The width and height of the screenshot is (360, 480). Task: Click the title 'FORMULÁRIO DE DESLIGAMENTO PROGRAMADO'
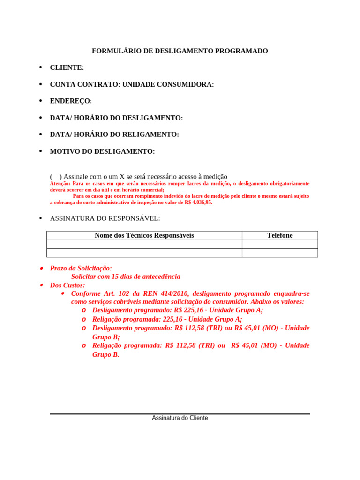click(x=180, y=51)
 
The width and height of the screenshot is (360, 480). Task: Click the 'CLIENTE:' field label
click(x=67, y=68)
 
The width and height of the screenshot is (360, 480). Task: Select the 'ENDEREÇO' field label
click(x=71, y=101)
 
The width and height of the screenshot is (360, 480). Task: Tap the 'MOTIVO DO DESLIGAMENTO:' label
click(x=102, y=151)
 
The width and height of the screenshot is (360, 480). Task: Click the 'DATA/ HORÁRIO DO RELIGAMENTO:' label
click(x=114, y=135)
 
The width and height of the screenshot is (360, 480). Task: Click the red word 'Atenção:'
click(x=60, y=184)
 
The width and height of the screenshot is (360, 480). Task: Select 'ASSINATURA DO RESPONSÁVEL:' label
click(x=105, y=218)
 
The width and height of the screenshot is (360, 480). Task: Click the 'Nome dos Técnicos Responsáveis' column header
click(x=144, y=235)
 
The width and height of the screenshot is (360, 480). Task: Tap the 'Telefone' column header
click(x=280, y=235)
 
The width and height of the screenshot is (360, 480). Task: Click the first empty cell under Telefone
click(x=280, y=244)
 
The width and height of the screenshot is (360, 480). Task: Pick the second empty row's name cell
click(x=144, y=253)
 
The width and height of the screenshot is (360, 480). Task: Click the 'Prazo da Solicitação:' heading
click(x=81, y=269)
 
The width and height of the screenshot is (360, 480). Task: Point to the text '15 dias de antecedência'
click(x=146, y=277)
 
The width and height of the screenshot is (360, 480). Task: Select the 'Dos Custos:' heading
click(x=67, y=285)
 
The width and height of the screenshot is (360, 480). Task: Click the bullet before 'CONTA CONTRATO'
click(x=41, y=84)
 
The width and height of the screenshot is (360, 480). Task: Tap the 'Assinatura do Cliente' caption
click(x=180, y=418)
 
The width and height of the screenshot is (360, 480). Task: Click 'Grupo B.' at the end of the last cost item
click(x=106, y=355)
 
